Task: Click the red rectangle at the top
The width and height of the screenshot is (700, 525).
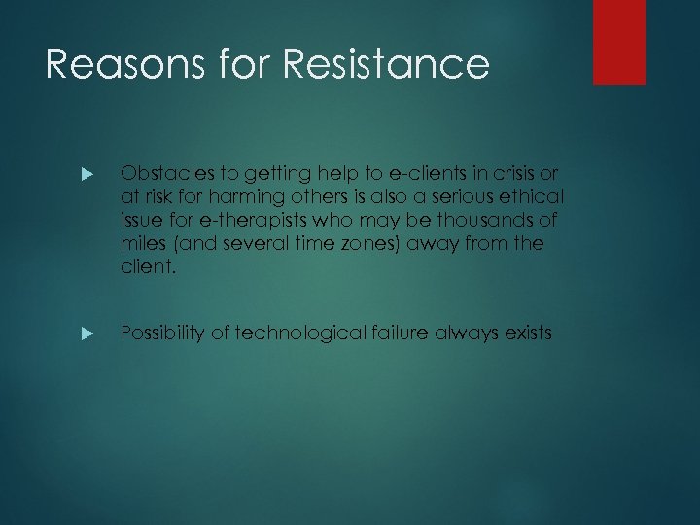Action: [x=619, y=41]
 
